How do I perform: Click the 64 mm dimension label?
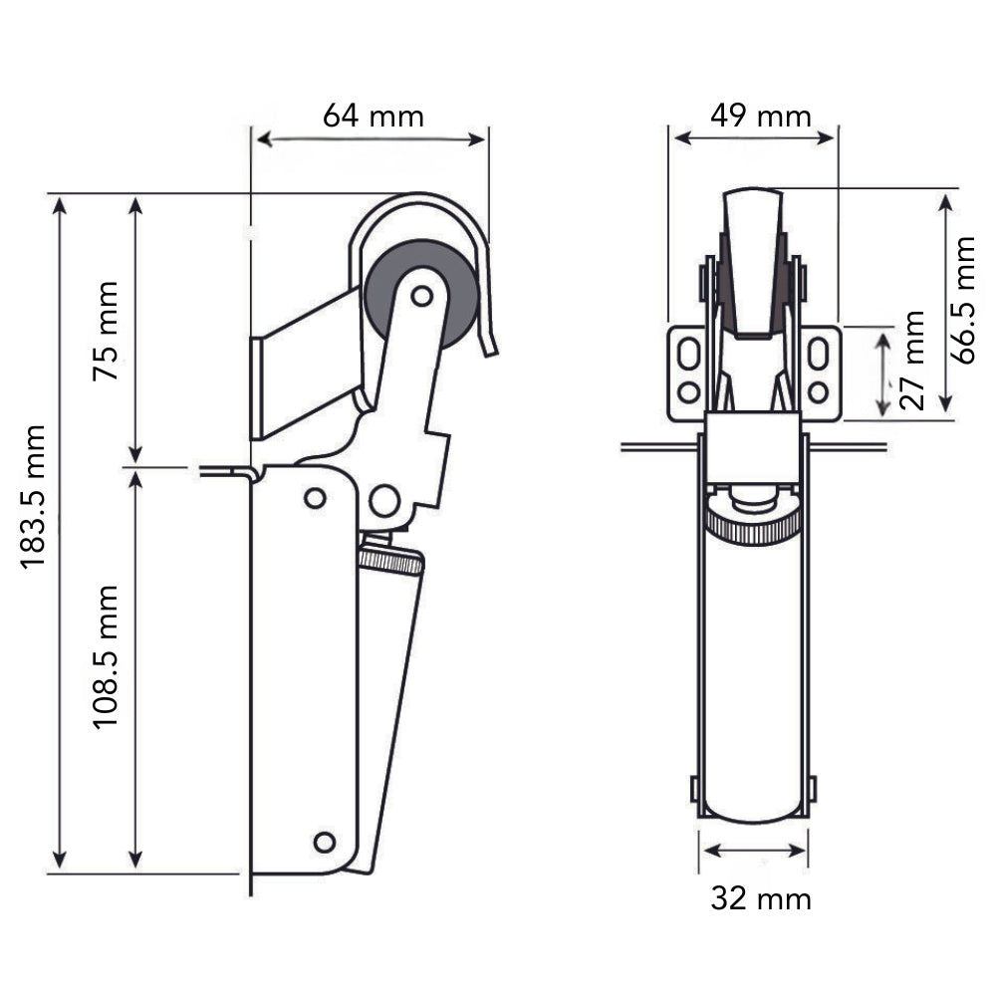(373, 117)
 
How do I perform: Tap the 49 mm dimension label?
(761, 117)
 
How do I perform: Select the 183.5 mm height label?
(34, 497)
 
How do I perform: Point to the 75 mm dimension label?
(106, 331)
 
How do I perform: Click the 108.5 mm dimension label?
(106, 657)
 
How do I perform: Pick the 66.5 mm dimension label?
(963, 300)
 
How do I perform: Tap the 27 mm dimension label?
(912, 361)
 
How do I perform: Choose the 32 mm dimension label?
(761, 898)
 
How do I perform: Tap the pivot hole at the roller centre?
(421, 296)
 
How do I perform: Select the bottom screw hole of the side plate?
(325, 843)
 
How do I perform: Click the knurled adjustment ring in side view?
(390, 561)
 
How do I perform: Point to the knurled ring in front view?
(753, 525)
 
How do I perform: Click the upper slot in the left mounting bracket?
(688, 353)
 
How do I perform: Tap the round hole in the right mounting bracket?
(818, 391)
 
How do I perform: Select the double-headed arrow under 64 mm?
(372, 139)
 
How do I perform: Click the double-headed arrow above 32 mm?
(754, 850)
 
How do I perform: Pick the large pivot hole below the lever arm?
(384, 501)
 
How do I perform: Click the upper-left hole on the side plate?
(315, 498)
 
